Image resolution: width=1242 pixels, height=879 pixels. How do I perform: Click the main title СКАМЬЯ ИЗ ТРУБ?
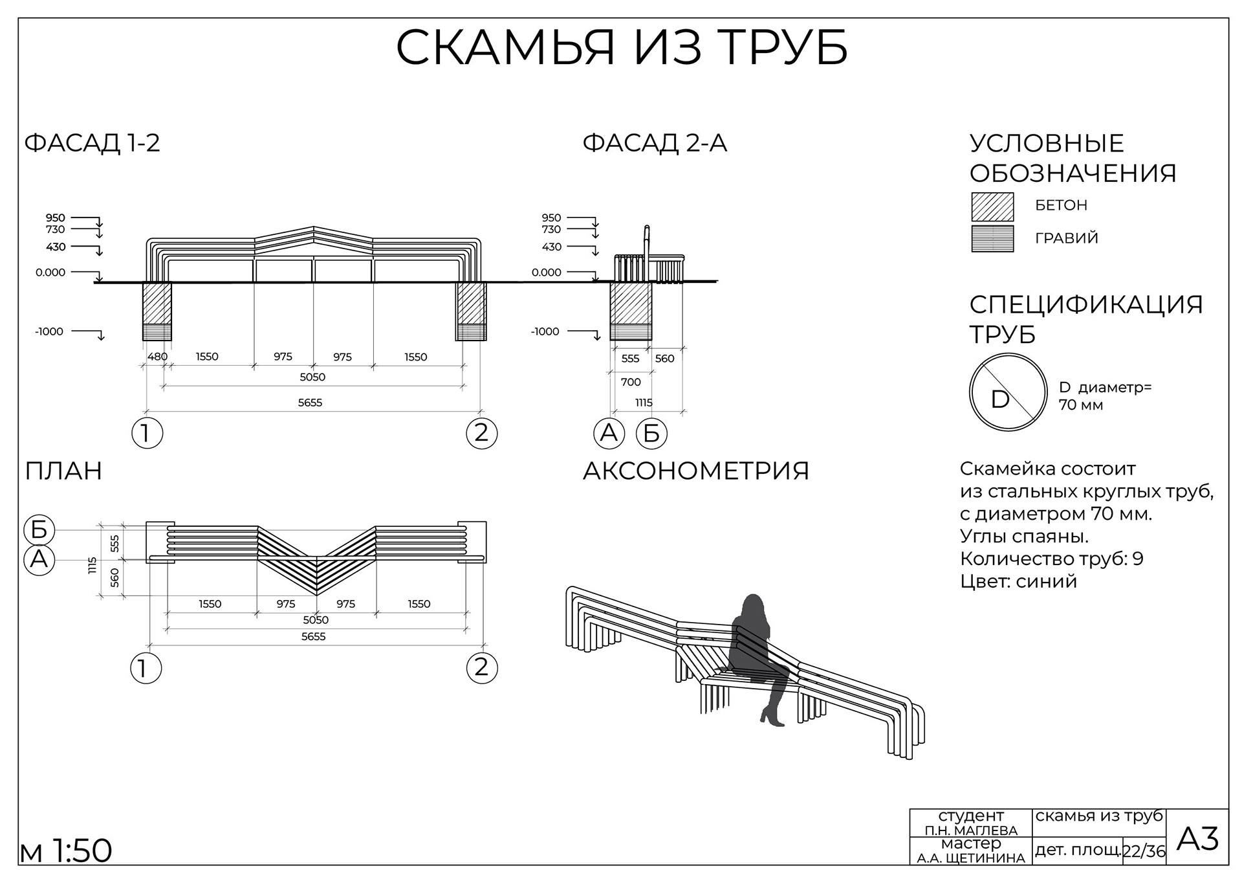(621, 48)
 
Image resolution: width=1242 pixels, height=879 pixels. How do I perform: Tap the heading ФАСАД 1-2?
(92, 143)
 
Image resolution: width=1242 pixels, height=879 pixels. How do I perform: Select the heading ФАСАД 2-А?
(655, 143)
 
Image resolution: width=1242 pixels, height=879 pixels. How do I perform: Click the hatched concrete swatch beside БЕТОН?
(992, 207)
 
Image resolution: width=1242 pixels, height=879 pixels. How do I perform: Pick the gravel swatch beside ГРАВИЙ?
(992, 239)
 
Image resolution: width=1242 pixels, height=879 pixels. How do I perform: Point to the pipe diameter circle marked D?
(1008, 392)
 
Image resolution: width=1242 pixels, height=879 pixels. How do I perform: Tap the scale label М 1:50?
(66, 851)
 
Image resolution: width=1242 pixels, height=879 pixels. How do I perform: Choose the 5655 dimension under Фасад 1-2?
(310, 403)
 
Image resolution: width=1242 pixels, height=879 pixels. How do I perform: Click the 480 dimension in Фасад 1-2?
(157, 357)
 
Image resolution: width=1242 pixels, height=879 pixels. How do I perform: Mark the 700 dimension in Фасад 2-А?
(631, 382)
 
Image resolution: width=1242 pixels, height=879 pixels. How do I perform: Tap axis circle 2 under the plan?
(481, 667)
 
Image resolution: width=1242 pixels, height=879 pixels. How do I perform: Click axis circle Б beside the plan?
(39, 529)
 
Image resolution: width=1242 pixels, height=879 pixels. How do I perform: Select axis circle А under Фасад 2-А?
(609, 433)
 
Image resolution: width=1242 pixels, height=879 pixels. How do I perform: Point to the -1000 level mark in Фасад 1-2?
(49, 331)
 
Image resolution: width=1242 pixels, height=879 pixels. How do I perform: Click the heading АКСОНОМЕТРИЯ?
(696, 471)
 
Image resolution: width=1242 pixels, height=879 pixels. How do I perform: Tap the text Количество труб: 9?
(1051, 559)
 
